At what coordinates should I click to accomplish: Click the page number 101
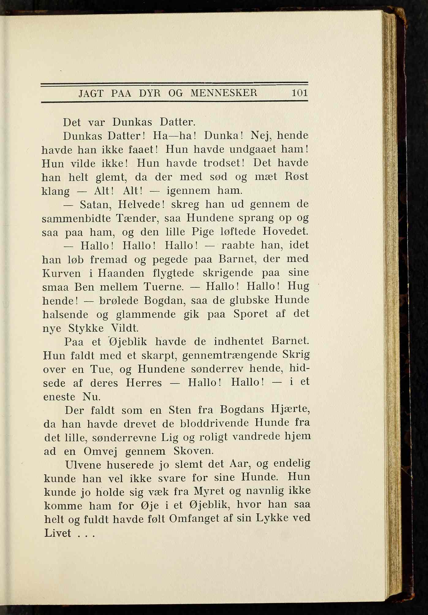[x=299, y=93]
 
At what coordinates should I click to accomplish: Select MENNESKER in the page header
[x=224, y=93]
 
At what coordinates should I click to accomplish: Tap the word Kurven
[x=62, y=273]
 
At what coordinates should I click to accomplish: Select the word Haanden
[x=121, y=273]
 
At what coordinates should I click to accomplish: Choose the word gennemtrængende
[x=229, y=355]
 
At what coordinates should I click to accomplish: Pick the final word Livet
[x=58, y=533]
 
